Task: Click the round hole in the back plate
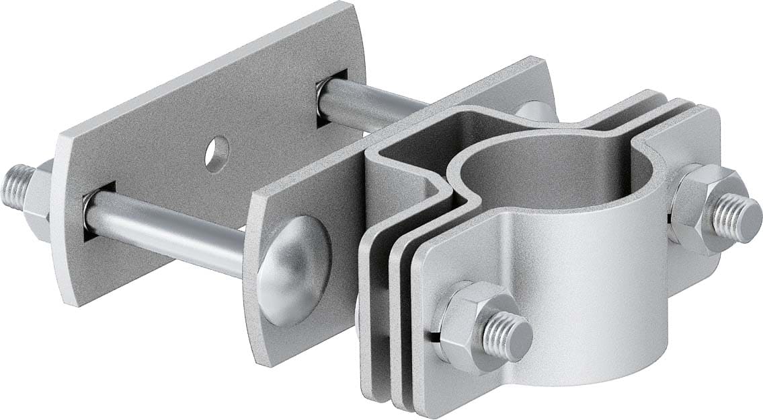[216, 153]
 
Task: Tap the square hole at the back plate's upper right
[331, 95]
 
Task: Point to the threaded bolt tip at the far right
[739, 219]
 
